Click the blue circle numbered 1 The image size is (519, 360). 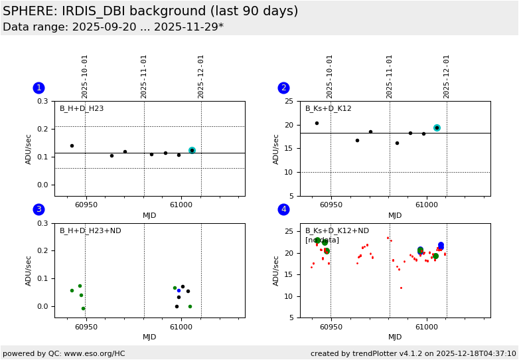38,88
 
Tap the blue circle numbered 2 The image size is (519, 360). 283,88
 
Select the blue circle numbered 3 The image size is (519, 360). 38,209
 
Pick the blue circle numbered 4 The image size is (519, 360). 283,209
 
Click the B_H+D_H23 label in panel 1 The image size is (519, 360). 82,109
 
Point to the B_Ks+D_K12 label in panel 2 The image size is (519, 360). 328,109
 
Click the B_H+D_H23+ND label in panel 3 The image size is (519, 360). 90,231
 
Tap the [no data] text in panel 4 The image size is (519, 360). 322,240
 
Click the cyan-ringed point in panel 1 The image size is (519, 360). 192,150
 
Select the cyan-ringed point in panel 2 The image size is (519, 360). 437,128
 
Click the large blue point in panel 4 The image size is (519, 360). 441,245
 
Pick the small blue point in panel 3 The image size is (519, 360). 179,290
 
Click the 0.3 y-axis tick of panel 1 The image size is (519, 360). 42,102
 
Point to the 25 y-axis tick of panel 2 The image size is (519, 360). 288,102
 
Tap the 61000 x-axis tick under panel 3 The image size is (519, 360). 181,327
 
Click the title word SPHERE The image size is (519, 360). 27,11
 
